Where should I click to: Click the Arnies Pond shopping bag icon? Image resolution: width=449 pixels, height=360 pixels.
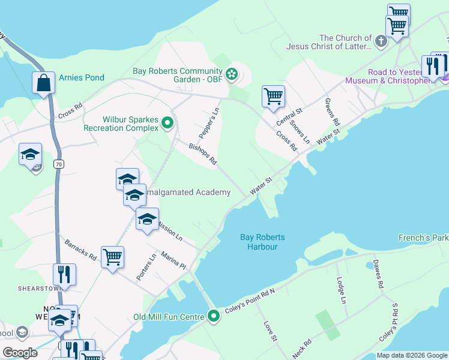[x=44, y=83]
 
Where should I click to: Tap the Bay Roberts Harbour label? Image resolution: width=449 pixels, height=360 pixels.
[x=262, y=242]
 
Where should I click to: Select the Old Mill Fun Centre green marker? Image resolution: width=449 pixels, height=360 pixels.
[x=213, y=316]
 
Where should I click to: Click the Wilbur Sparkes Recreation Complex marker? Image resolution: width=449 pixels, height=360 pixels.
[x=168, y=124]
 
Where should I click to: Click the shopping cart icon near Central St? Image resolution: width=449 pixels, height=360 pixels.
[x=273, y=96]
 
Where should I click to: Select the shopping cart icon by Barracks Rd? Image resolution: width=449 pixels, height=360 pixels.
[x=112, y=257]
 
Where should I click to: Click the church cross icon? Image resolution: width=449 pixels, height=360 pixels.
[x=380, y=41]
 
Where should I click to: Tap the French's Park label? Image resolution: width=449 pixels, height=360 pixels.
[x=423, y=238]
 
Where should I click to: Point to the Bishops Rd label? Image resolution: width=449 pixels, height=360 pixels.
[x=202, y=154]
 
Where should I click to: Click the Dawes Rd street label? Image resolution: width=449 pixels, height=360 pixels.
[x=377, y=275]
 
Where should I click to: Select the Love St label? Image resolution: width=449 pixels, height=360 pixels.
[x=269, y=331]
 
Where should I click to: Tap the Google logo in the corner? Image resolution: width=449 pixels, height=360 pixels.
[x=20, y=353]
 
